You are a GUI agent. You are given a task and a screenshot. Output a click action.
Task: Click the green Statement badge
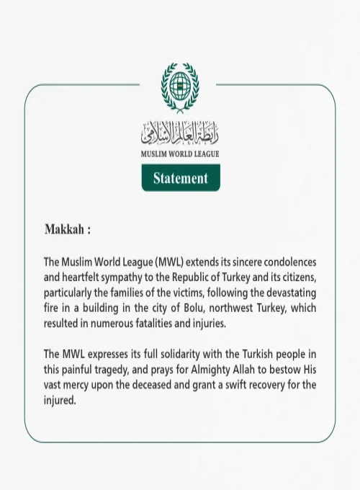tap(180, 178)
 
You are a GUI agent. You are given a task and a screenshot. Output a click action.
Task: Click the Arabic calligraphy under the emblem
tap(180, 133)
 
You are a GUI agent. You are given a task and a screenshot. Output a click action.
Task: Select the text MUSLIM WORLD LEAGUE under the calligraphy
tap(180, 153)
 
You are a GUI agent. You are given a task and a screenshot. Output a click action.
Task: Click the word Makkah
tap(65, 230)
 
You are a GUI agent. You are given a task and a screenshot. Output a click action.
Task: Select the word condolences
tap(285, 262)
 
